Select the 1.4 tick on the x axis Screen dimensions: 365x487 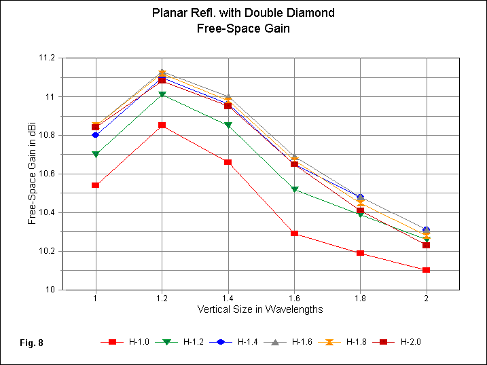228,298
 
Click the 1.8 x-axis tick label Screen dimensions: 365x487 360,298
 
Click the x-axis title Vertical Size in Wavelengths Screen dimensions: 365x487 260,309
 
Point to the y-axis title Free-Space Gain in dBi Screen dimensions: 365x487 32,174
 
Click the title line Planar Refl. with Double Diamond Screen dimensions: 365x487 243,13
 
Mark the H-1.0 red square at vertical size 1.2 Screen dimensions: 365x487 162,126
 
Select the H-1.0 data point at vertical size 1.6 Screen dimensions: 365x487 294,233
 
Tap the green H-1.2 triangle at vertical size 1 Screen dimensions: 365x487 96,155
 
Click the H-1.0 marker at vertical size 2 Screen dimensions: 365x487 427,270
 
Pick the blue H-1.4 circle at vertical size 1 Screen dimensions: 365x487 96,135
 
